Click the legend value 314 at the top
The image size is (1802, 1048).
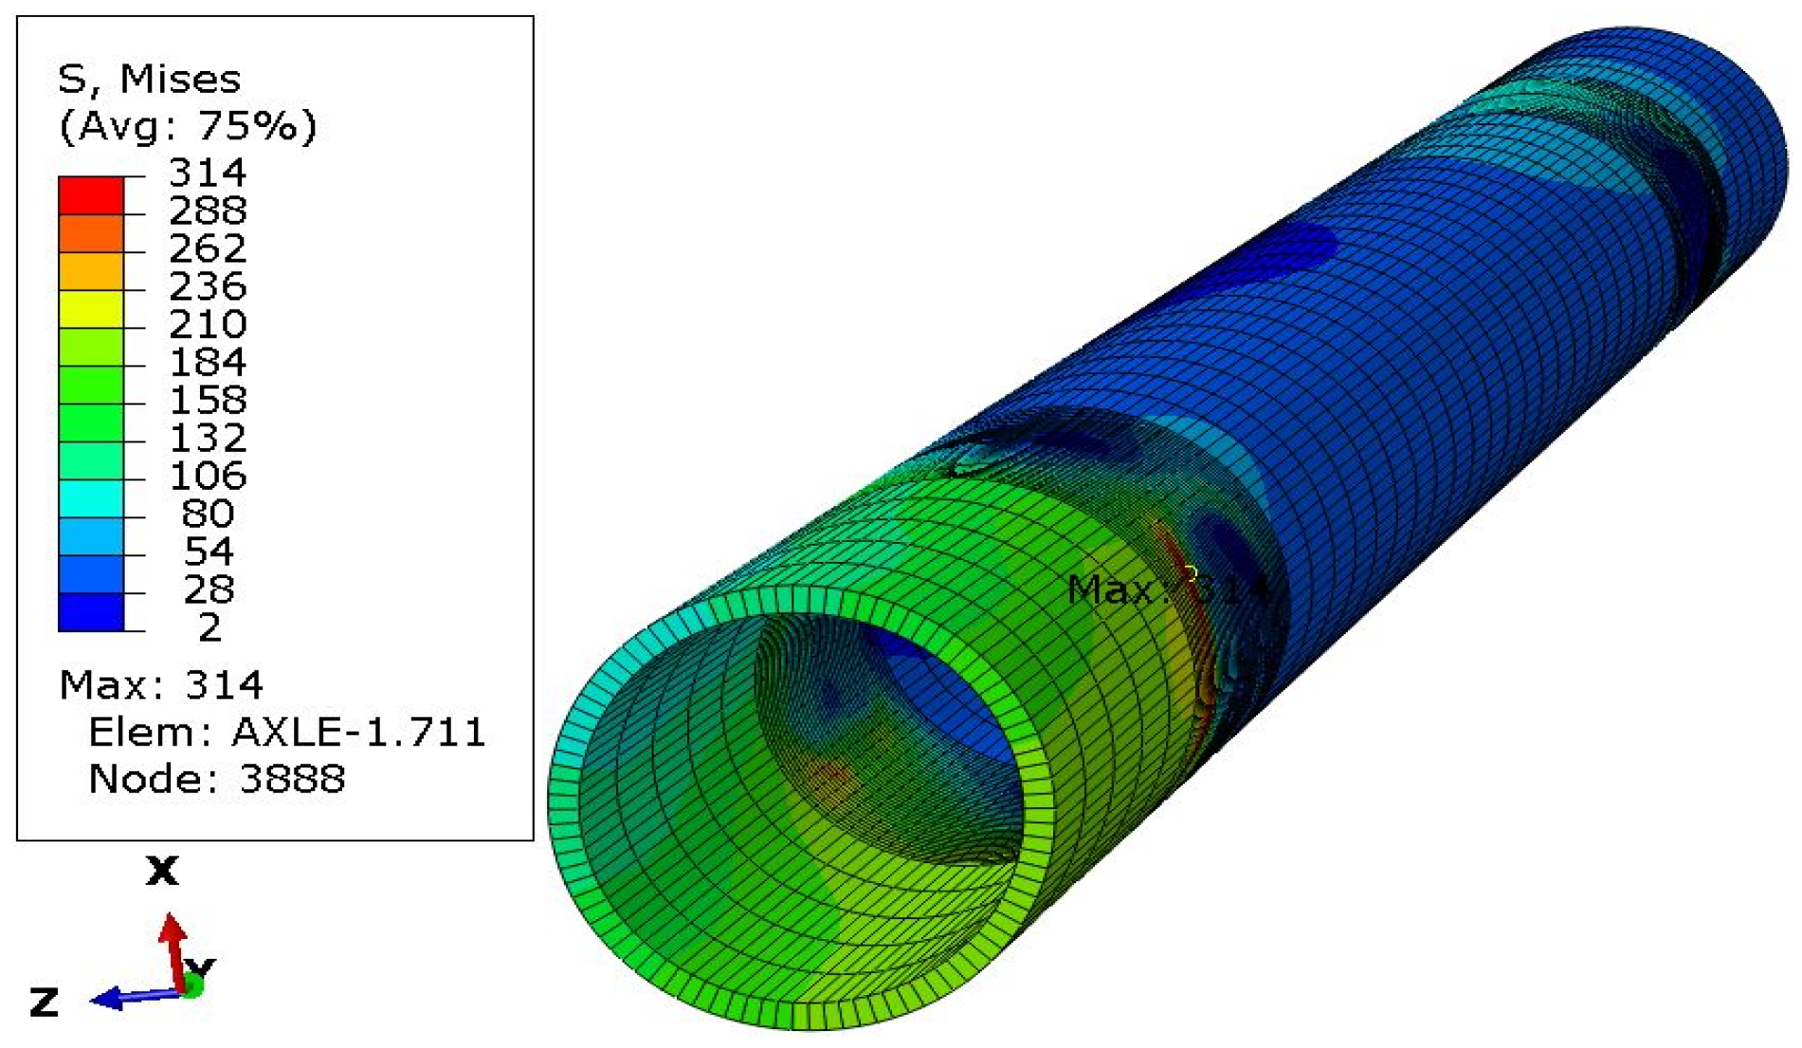207,172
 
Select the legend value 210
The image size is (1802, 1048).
207,324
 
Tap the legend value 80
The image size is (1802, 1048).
207,514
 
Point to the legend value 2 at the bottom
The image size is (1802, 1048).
209,627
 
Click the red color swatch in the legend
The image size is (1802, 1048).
91,195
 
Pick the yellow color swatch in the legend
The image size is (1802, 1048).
91,309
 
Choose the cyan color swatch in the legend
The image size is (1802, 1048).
91,498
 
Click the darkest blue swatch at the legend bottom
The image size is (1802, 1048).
91,612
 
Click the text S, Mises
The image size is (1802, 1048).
149,80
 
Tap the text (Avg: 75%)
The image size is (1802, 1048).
188,126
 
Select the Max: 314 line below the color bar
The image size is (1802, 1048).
160,684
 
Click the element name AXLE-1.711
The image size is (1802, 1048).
358,732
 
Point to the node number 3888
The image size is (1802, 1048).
292,779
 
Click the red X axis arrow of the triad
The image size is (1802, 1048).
173,948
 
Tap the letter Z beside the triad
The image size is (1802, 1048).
44,1003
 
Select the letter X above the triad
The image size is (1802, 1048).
162,870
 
